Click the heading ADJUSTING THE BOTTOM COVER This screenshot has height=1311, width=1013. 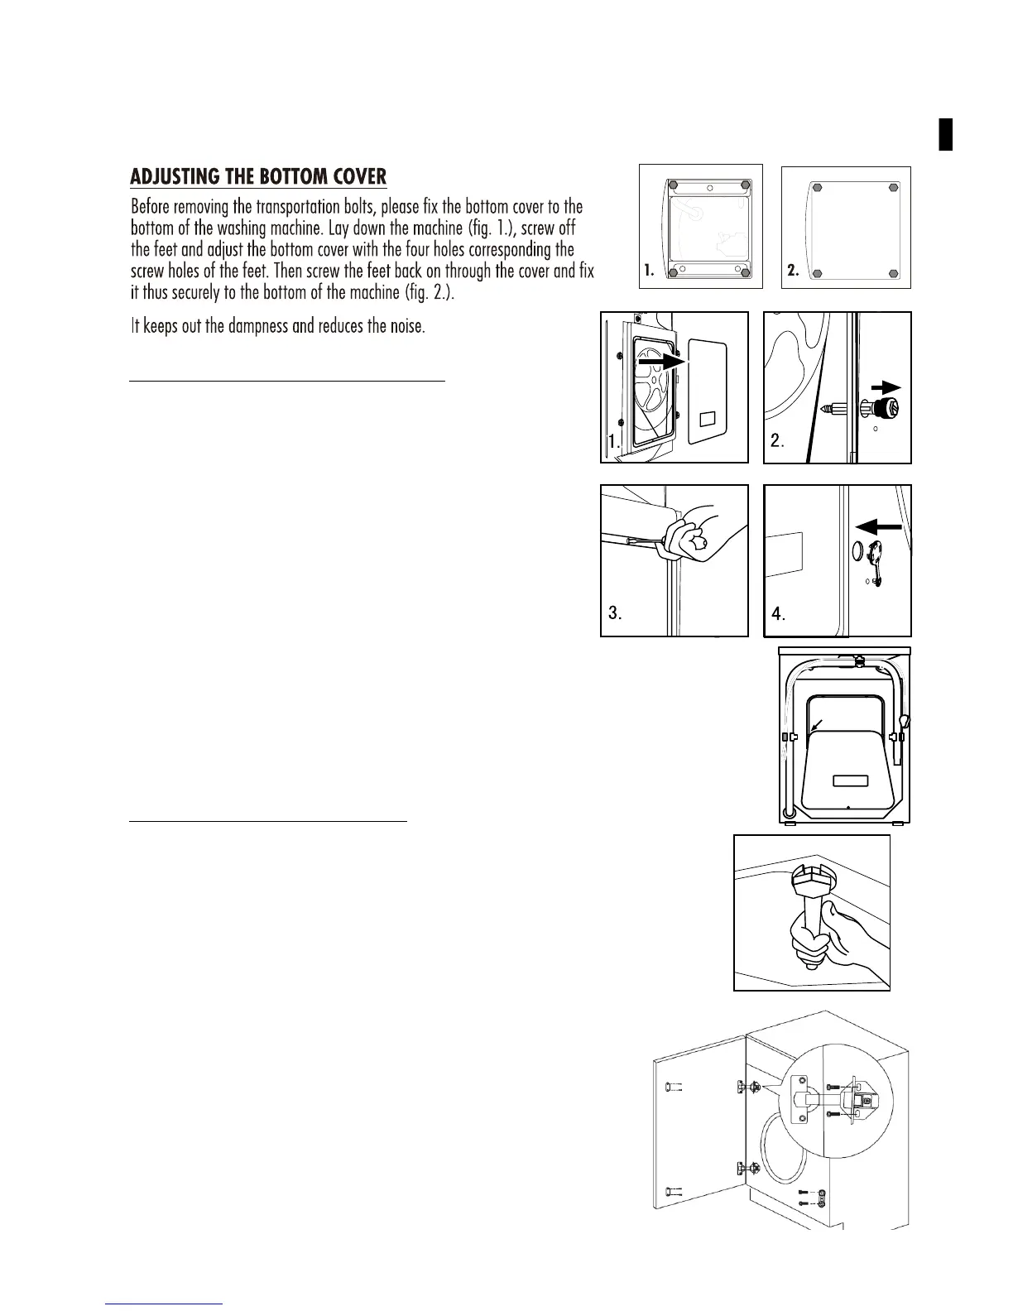pos(258,177)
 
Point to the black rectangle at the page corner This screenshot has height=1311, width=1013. pos(946,135)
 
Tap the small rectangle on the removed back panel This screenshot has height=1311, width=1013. pos(708,419)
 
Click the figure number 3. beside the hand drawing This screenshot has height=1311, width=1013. pos(615,613)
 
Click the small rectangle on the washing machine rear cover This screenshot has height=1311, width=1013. pos(849,780)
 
